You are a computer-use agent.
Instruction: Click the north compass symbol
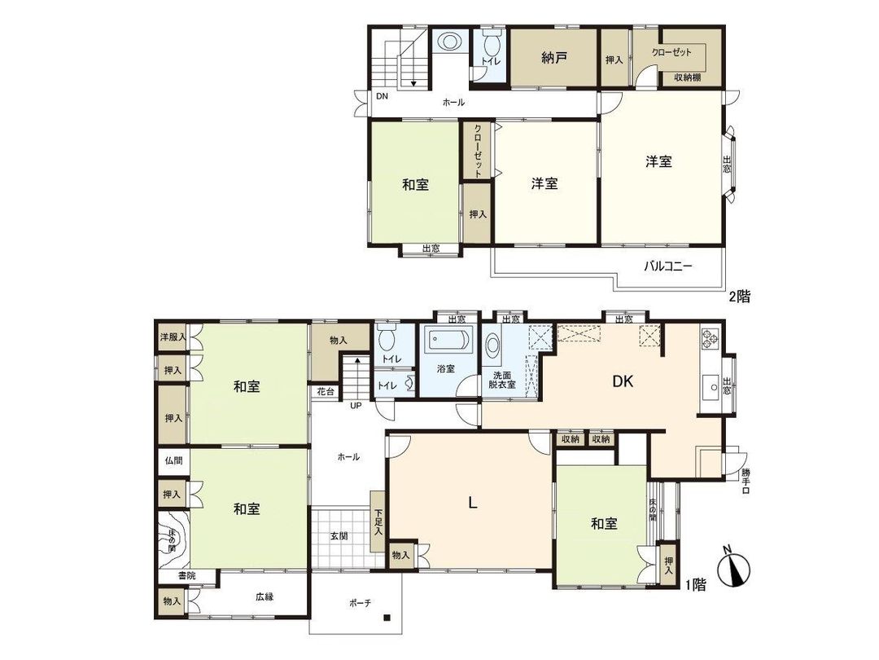(735, 569)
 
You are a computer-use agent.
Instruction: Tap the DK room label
(623, 381)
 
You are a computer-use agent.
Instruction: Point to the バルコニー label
(668, 266)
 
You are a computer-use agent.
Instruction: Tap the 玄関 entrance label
(339, 536)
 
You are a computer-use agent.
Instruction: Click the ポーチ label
(360, 604)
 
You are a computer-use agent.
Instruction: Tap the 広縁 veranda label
(265, 596)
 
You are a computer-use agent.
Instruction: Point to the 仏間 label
(173, 461)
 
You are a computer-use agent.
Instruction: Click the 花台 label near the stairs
(326, 392)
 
